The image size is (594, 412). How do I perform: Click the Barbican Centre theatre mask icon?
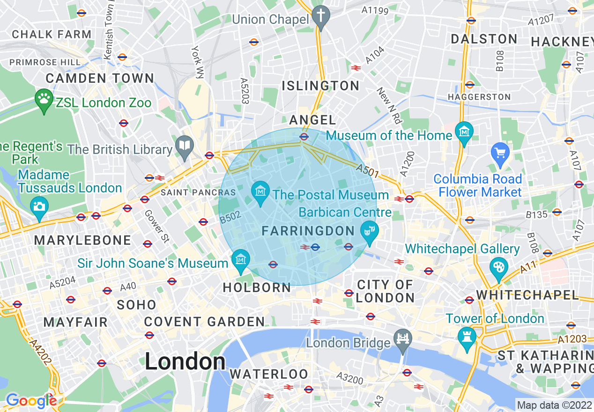point(370,231)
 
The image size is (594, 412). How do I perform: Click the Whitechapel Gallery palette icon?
point(498,268)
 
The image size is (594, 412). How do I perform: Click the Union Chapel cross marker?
point(321,15)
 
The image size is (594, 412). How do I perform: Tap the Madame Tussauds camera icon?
point(39,206)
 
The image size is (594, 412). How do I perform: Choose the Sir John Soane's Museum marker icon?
point(241,259)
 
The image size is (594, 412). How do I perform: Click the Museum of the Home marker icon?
point(464,132)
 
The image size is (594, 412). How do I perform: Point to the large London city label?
point(185,361)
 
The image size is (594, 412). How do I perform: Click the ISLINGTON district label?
point(321,86)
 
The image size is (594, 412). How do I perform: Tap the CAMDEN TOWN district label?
point(100,78)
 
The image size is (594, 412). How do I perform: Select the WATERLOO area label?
point(269,374)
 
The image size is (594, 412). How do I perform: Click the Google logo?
point(31,400)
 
